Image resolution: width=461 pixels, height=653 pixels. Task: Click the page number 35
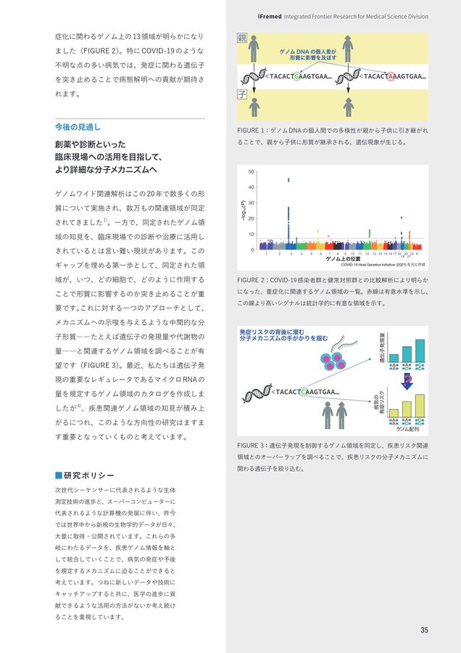tap(424, 629)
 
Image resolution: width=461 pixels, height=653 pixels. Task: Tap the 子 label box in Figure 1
tap(242, 94)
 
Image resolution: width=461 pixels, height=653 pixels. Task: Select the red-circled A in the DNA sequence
tap(392, 76)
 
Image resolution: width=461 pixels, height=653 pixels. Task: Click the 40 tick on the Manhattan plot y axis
tap(251, 187)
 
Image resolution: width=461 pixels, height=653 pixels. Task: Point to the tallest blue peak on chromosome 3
tap(289, 180)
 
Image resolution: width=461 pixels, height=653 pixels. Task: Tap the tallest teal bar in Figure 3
tap(420, 350)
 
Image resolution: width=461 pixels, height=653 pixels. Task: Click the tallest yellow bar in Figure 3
tap(420, 406)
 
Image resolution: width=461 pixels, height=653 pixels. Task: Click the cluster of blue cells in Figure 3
tap(333, 361)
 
